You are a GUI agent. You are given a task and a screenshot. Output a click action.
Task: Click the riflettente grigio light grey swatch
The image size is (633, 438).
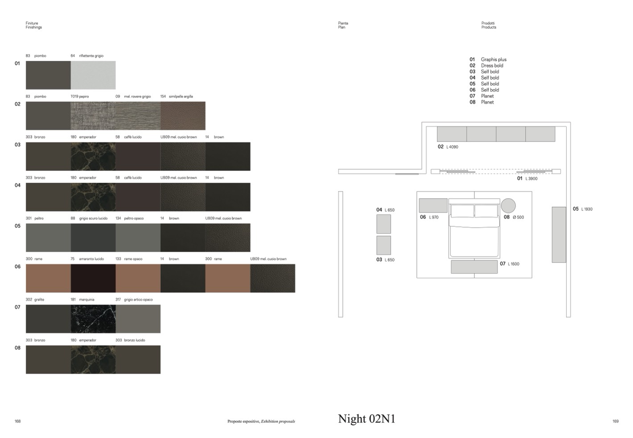pos(93,75)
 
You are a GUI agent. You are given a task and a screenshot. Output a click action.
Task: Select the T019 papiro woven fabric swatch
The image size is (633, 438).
pos(93,116)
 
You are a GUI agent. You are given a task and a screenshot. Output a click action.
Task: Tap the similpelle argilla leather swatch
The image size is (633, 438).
pos(183,116)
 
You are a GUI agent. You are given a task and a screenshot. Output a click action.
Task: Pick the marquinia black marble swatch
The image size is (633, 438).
pos(93,319)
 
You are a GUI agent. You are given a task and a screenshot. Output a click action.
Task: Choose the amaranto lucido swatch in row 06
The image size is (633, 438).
pos(93,278)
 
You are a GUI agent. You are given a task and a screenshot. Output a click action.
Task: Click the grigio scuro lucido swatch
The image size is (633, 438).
pos(93,238)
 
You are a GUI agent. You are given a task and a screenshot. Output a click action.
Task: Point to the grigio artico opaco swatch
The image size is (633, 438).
pos(138,319)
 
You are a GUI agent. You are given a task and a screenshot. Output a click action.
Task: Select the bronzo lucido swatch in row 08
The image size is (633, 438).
pos(138,359)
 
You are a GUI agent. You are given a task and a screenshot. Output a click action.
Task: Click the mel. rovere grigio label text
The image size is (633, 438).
pos(137,96)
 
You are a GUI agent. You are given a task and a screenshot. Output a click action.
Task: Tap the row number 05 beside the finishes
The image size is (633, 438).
pos(17,226)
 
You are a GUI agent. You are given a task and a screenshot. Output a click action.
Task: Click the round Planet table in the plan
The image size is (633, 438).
pos(508,205)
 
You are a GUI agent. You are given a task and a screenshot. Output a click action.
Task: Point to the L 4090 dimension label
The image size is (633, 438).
pos(452,147)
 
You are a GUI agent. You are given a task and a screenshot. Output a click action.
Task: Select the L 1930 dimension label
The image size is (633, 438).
pos(587,209)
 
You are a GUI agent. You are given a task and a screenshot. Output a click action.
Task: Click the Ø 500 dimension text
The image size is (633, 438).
pos(518,217)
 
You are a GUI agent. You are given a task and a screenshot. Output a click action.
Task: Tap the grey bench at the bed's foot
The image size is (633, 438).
pos(474,267)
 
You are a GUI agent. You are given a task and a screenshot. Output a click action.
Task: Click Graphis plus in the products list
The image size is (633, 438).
pos(493,59)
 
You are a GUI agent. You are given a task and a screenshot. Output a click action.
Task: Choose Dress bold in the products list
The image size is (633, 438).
pos(492,66)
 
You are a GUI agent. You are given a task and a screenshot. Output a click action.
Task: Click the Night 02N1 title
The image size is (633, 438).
pos(366,419)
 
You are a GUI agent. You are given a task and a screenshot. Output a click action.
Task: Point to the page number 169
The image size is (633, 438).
pos(616,421)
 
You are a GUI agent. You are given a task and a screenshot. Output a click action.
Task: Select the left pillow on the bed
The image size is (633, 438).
pos(462,211)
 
